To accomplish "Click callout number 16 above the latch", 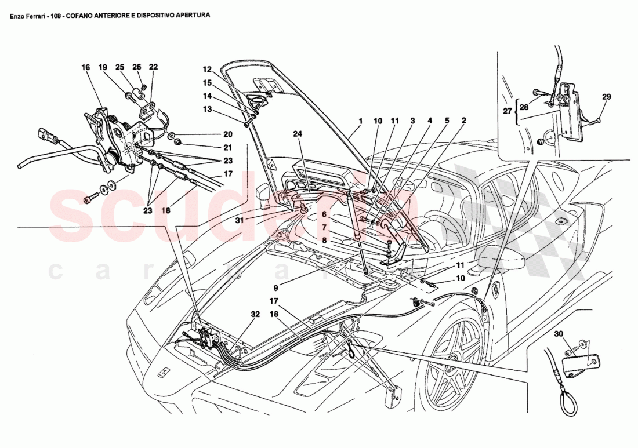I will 85,68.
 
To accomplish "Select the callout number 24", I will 298,134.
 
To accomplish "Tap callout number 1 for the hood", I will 360,121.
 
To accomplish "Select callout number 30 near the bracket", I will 558,334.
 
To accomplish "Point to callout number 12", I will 208,68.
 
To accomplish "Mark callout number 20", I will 211,133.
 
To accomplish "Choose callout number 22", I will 153,68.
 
